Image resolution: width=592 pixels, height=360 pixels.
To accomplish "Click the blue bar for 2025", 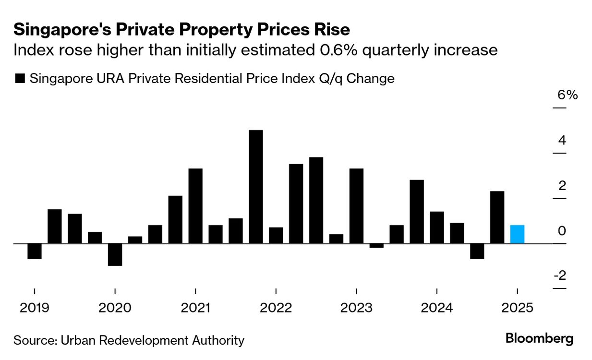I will point(517,234).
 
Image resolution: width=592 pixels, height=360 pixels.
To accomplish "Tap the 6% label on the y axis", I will point(567,95).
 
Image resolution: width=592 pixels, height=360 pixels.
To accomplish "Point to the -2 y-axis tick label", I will point(560,276).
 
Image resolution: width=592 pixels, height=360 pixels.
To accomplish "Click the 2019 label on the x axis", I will point(34,308).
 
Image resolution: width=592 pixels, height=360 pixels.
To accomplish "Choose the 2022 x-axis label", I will point(276,308).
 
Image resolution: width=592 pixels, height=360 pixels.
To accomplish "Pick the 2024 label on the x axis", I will point(436,308).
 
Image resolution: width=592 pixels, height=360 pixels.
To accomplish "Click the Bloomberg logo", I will point(539,338).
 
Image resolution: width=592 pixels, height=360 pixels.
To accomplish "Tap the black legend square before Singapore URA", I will point(20,79).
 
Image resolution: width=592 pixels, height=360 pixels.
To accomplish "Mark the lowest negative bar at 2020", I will point(115,254).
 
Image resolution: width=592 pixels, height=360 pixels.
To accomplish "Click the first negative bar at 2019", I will point(34,251).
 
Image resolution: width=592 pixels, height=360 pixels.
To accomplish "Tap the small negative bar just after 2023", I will point(376,245).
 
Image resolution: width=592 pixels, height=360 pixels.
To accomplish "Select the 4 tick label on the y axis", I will point(562,141).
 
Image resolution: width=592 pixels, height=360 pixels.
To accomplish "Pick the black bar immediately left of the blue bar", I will point(497,217).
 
